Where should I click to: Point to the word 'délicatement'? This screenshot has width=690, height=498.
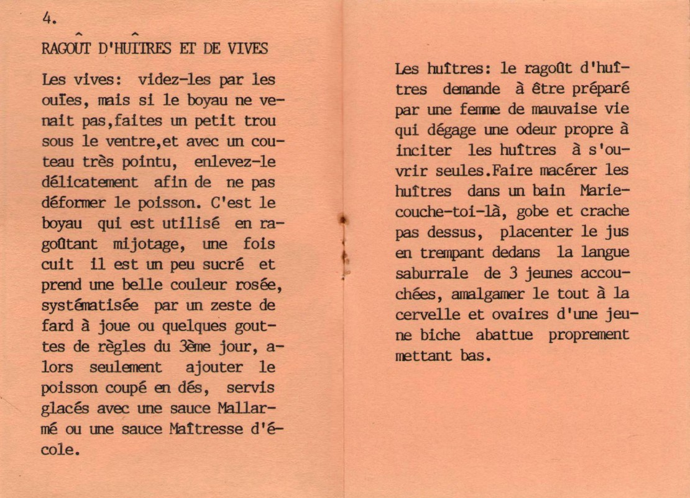[x=90, y=182]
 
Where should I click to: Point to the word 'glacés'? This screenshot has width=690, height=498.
[x=63, y=408]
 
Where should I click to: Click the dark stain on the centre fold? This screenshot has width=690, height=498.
[x=341, y=219]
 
